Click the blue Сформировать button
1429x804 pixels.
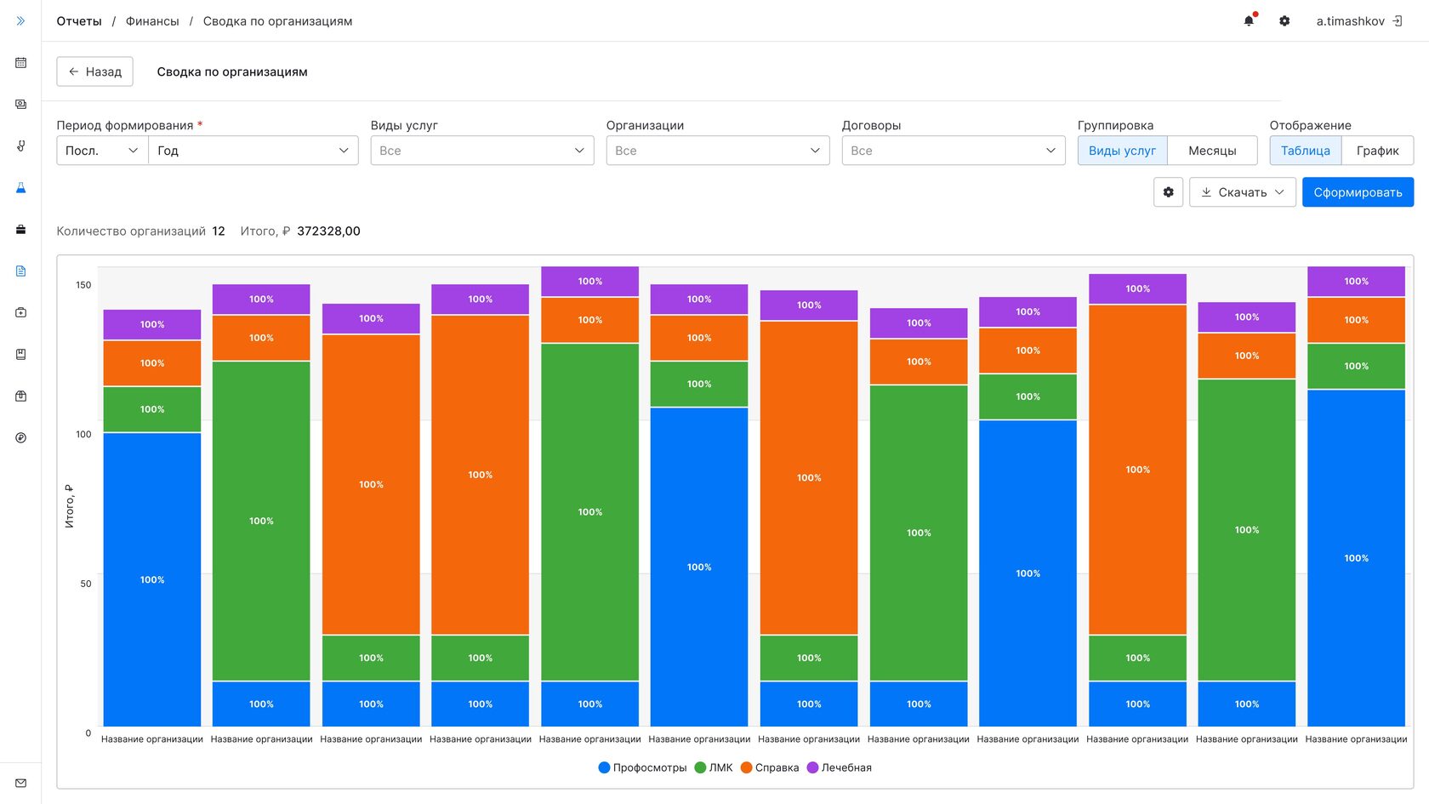(1358, 192)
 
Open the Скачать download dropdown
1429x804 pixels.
(1242, 192)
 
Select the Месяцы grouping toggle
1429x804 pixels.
(1212, 151)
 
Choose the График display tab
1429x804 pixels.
(1377, 151)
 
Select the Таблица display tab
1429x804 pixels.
(1305, 151)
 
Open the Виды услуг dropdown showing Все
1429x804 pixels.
(481, 151)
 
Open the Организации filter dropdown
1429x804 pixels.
(717, 151)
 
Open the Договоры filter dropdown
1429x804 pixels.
(953, 151)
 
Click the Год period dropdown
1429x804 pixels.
(253, 151)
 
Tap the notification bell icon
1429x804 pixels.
(1249, 21)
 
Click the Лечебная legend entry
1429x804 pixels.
(840, 767)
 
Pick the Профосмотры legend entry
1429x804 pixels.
(643, 767)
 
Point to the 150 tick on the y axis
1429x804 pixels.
(83, 285)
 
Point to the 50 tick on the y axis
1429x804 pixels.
(85, 584)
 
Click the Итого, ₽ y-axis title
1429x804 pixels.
(69, 506)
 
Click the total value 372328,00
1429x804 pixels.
(328, 231)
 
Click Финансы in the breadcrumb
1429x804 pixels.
(152, 21)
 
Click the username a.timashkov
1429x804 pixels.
(1350, 21)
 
